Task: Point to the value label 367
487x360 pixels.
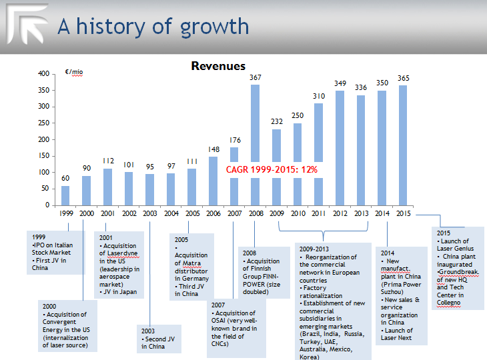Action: pos(255,78)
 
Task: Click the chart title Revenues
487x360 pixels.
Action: pos(218,66)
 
